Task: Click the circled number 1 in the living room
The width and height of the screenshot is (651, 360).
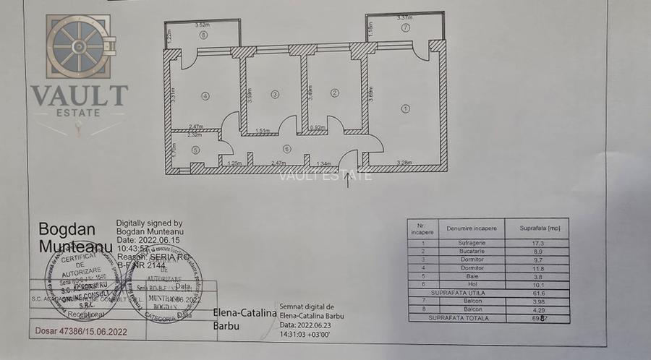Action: coord(406,108)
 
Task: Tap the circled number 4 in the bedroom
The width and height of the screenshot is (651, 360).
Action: coord(205,95)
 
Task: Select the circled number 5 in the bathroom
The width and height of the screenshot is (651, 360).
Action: coord(195,150)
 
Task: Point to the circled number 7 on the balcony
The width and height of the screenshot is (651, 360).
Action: coord(407,27)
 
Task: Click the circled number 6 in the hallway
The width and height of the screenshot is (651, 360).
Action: coord(287,150)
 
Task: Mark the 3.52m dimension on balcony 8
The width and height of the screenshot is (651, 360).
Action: coord(202,26)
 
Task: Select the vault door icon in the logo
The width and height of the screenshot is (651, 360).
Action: coord(77,47)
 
